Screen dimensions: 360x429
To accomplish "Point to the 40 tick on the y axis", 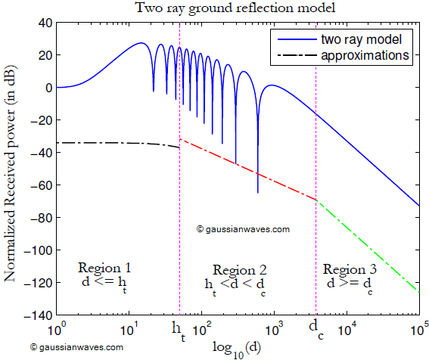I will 42,23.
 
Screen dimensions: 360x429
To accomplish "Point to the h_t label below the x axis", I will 179,330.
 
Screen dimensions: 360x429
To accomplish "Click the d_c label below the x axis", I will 316,330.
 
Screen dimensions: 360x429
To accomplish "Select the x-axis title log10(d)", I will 236,346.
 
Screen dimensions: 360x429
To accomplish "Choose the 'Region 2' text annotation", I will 239,270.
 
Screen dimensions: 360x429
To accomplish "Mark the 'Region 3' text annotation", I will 349,269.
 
